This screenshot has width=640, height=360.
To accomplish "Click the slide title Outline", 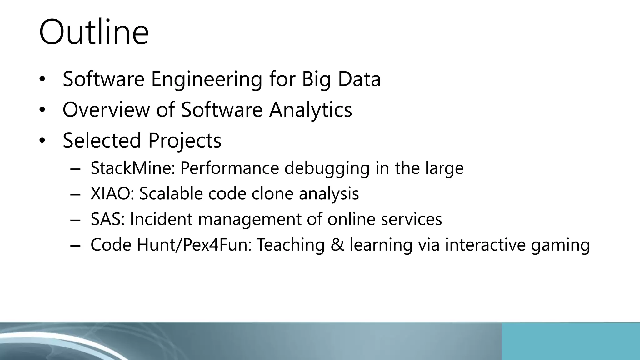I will click(94, 32).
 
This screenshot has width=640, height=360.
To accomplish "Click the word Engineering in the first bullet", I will click(207, 79).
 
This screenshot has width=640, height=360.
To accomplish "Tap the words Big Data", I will click(341, 79).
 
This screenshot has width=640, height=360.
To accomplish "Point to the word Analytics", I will click(311, 110).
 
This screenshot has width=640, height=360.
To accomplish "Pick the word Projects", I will click(185, 141).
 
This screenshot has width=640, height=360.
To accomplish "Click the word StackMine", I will click(132, 168).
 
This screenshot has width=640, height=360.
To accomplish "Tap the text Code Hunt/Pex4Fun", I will click(171, 245).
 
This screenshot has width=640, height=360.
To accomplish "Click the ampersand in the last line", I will click(337, 245).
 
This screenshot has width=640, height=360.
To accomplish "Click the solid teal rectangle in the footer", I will click(571, 341).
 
